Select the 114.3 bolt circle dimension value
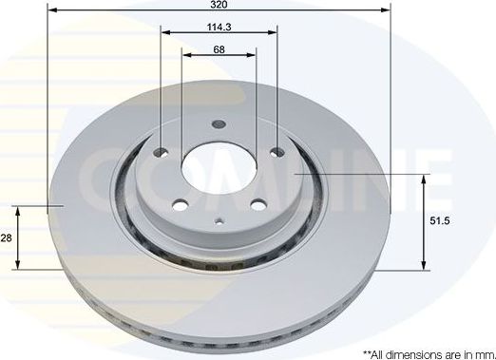click(x=219, y=28)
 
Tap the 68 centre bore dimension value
click(x=219, y=49)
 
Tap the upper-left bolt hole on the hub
click(x=161, y=153)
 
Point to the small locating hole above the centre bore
click(x=219, y=123)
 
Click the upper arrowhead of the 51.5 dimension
click(x=424, y=180)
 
